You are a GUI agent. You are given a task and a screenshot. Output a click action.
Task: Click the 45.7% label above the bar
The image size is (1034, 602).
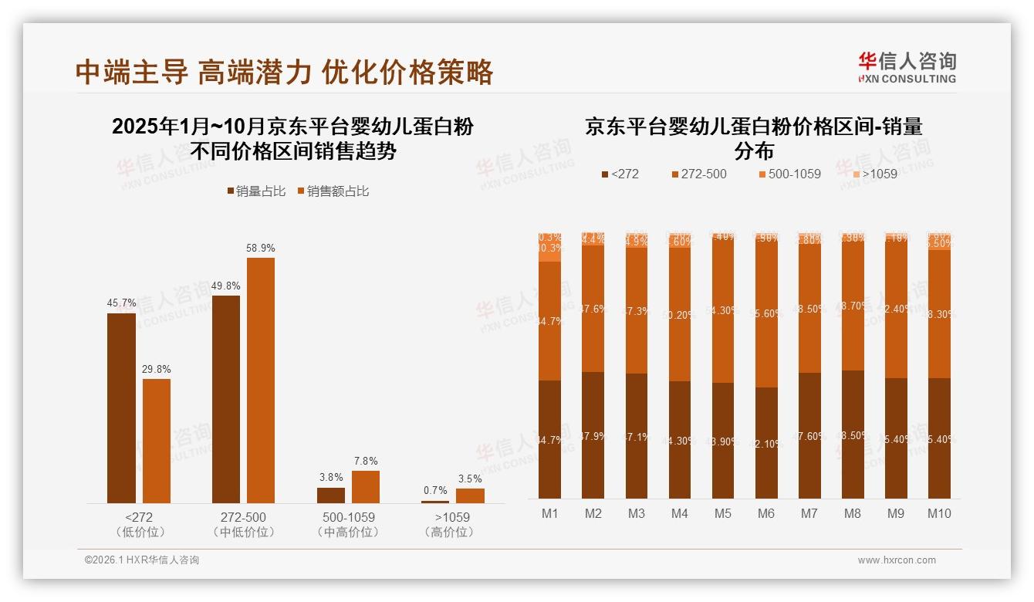[121, 303]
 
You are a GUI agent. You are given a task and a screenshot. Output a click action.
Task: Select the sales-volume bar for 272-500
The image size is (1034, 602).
[225, 399]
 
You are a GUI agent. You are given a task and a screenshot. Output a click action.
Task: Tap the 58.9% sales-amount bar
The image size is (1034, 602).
[260, 380]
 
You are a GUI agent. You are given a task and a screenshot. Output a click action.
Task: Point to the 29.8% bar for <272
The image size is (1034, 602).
[157, 441]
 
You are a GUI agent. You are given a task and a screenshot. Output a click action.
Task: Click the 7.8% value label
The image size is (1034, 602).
[366, 461]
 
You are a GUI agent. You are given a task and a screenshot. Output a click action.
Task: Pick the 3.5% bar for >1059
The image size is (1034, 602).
[470, 495]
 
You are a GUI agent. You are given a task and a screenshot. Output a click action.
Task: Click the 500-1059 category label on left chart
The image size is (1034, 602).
[347, 517]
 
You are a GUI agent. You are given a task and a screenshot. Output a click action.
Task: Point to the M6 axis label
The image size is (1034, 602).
[765, 513]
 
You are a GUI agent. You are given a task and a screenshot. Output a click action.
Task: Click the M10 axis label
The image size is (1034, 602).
[939, 513]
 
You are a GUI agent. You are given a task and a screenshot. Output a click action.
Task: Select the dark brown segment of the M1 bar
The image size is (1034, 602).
[549, 440]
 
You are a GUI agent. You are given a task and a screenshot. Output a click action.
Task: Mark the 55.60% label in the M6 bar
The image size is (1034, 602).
[766, 314]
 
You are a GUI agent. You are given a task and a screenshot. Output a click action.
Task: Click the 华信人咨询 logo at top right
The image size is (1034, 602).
[907, 67]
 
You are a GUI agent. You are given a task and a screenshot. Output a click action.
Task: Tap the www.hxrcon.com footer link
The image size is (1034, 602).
[897, 560]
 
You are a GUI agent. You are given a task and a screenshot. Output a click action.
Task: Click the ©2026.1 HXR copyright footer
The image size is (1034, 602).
[141, 560]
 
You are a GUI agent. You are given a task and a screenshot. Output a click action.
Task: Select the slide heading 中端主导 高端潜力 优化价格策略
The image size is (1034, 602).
[284, 72]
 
